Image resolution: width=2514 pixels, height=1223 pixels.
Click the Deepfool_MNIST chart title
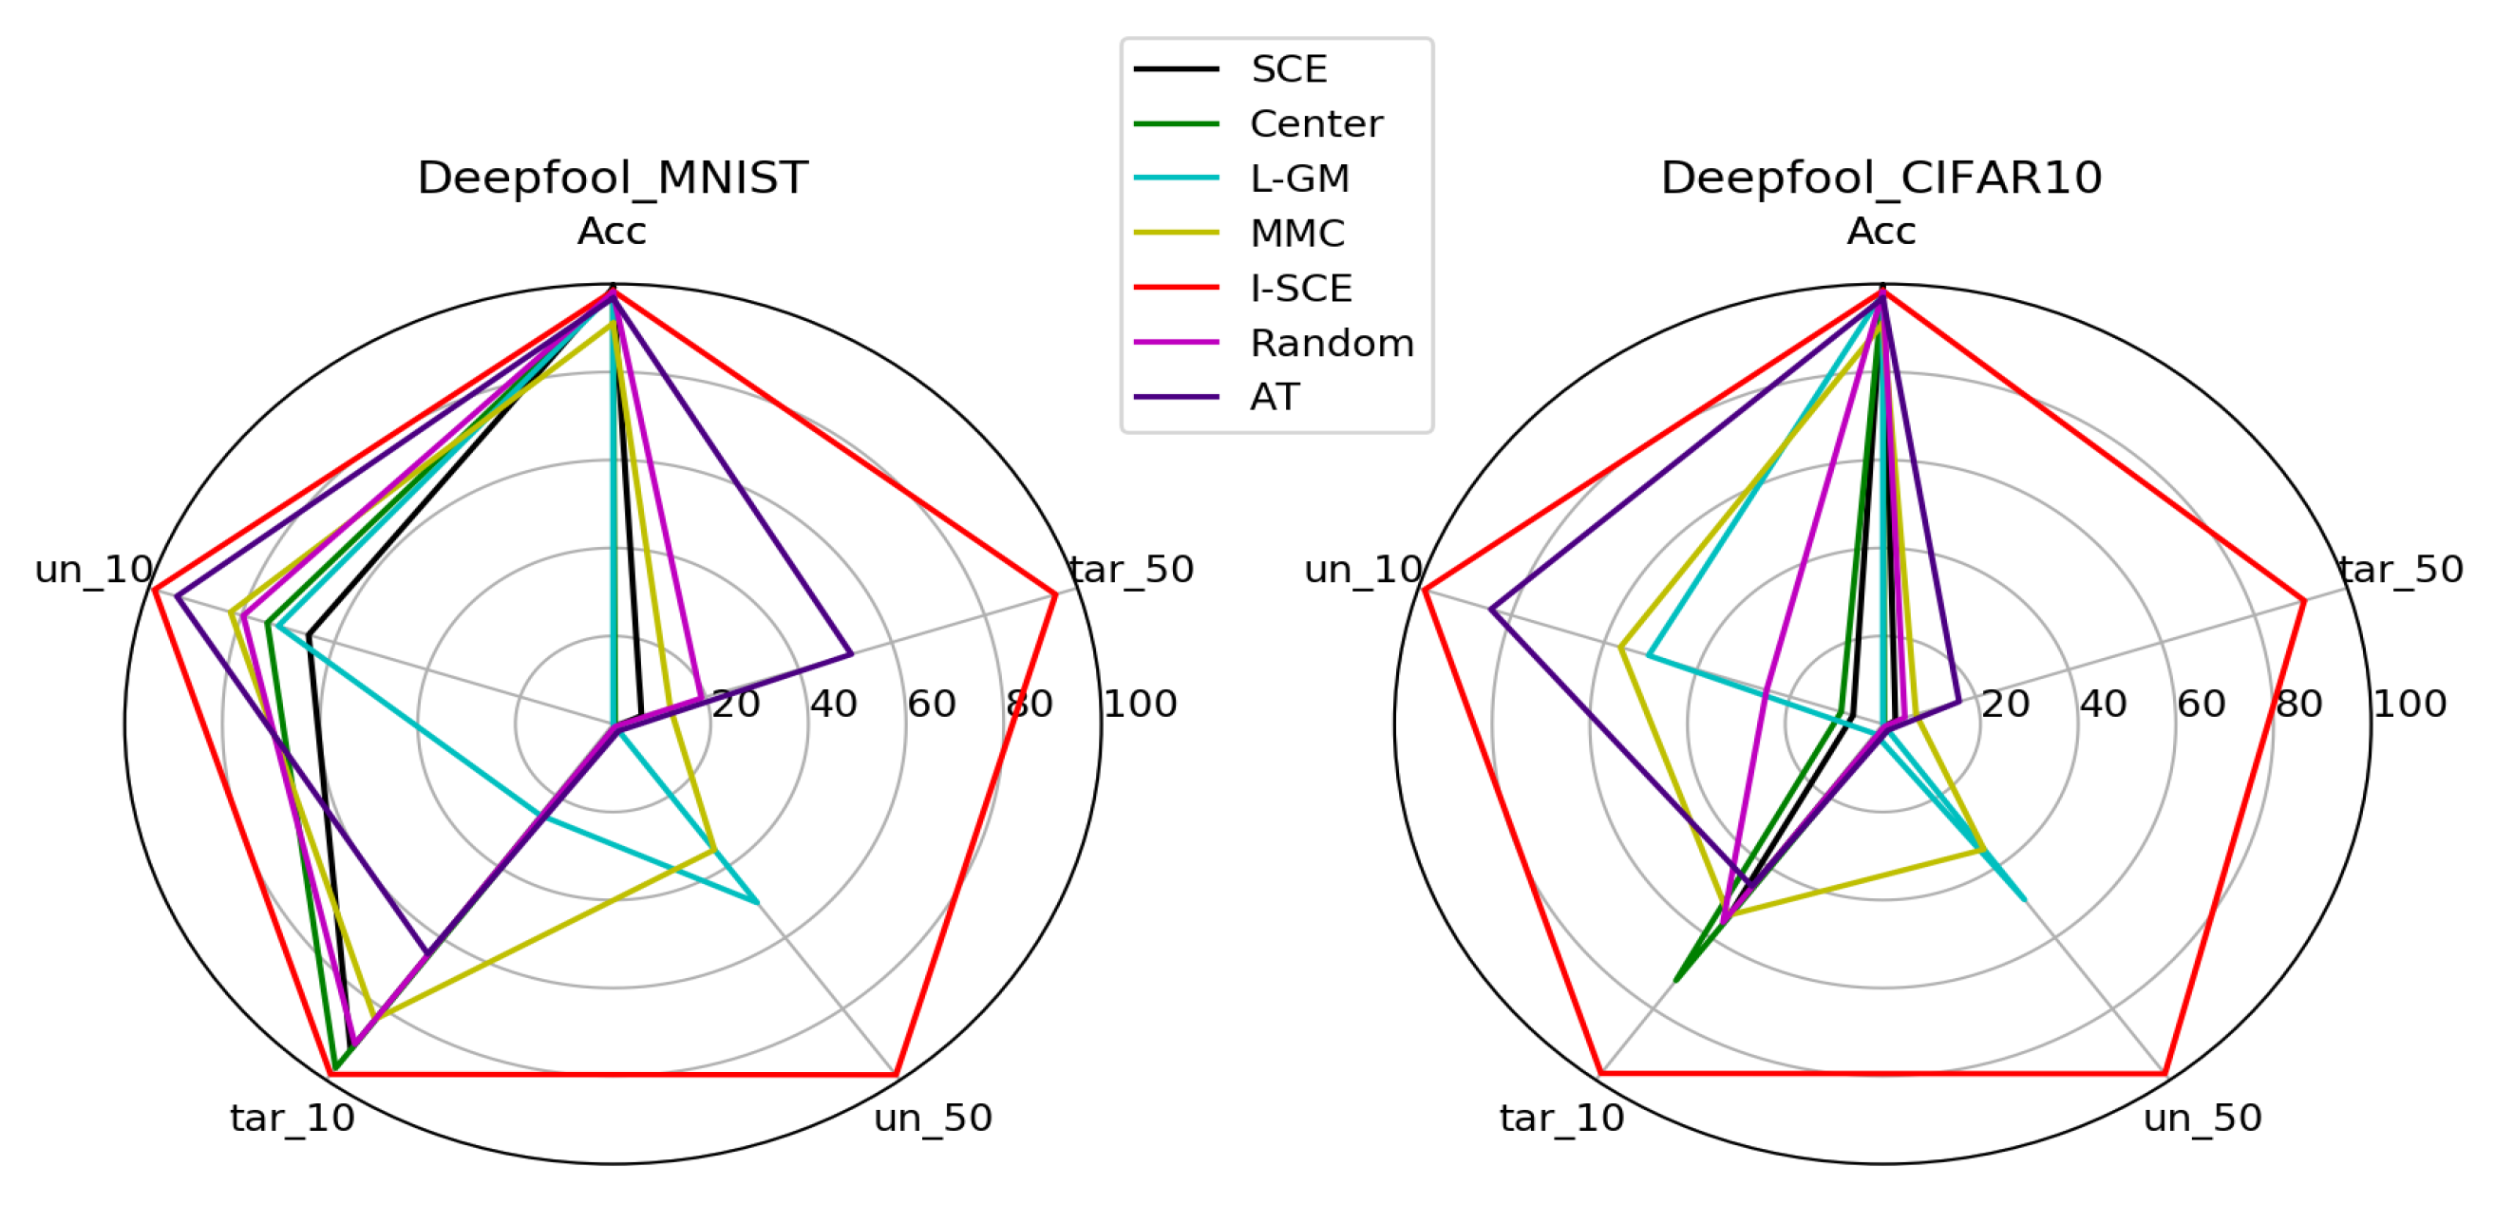pos(612,178)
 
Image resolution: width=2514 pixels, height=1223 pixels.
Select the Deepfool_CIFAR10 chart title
pos(1881,178)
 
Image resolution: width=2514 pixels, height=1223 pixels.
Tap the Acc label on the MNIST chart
pos(612,232)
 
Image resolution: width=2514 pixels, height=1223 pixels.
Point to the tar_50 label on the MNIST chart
pos(1132,569)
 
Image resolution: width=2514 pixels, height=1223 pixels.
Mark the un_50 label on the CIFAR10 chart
pos(2202,1118)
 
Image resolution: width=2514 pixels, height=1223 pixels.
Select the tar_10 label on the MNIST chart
pos(292,1118)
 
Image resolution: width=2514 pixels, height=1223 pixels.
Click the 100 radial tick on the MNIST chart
pos(1139,704)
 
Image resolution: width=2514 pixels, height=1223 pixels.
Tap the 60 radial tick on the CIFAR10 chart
pos(2201,704)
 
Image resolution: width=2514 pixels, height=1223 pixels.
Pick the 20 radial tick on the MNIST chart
pos(735,704)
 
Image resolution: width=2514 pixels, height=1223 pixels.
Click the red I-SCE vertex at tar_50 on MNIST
pos(1055,593)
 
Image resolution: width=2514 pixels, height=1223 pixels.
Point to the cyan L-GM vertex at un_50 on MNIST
pos(757,902)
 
